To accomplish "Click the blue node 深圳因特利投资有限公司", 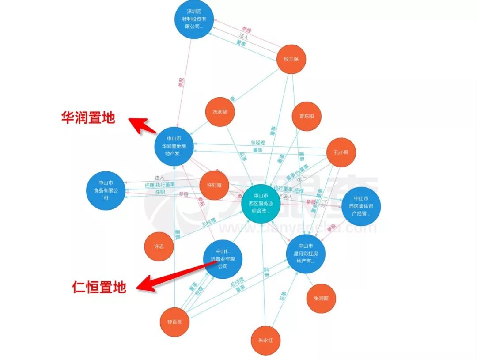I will click(193, 20).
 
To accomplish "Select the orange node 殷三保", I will click(291, 59).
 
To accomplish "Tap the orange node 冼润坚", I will click(220, 112).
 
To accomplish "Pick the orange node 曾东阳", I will click(307, 117).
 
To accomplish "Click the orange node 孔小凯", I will click(341, 152).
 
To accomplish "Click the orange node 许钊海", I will click(214, 185).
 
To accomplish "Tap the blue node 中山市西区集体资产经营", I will click(361, 206).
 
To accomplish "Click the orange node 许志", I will click(159, 246).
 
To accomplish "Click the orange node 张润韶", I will click(321, 299).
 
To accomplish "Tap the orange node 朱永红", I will click(266, 341).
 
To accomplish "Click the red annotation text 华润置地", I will click(88, 117).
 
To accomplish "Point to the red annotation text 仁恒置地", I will click(99, 288).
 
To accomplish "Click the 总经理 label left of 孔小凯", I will click(257, 143).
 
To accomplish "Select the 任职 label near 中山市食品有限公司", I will click(160, 192).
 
